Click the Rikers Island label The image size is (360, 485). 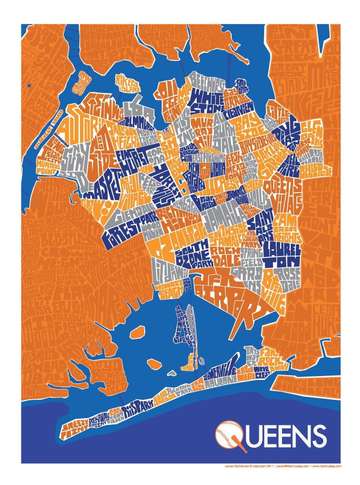127,87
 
